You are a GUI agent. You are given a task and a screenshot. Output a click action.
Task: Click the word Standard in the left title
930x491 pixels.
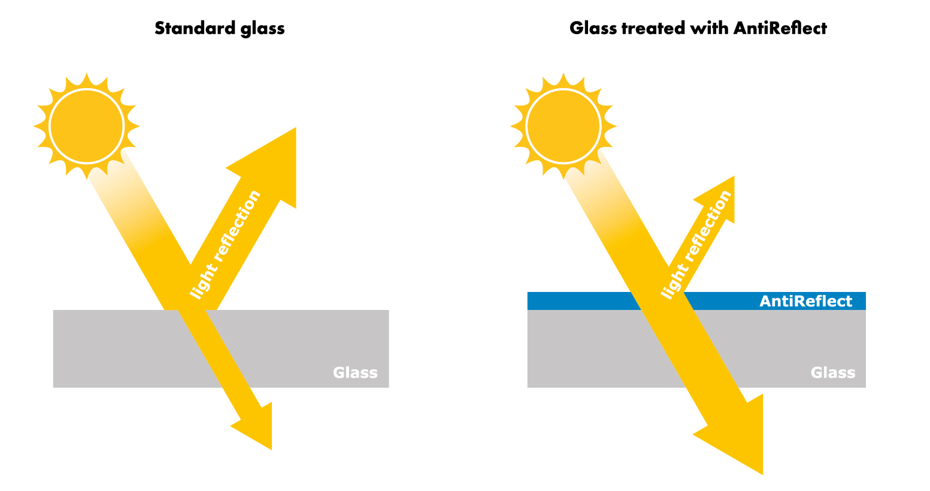[x=195, y=28]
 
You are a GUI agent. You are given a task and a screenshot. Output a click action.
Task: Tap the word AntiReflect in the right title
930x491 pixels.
[x=780, y=28]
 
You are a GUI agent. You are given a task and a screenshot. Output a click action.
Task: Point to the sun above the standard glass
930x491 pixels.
[x=86, y=126]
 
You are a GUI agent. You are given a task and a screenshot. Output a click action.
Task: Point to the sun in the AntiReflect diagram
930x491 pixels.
[x=564, y=126]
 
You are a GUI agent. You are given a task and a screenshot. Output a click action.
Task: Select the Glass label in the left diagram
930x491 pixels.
[x=355, y=372]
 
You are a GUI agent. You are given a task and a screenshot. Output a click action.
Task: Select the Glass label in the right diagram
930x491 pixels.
[x=833, y=372]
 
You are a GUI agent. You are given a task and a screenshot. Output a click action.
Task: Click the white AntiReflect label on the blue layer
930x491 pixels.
[x=806, y=301]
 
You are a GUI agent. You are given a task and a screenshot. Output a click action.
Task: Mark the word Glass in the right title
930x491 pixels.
[x=593, y=28]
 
